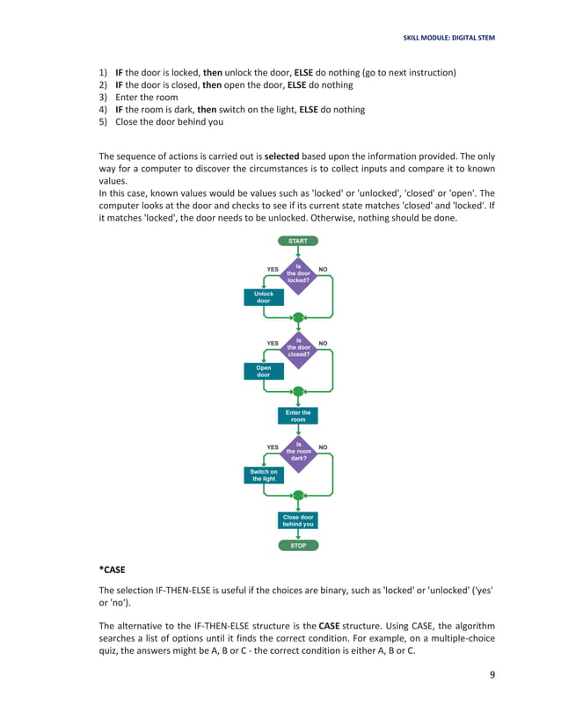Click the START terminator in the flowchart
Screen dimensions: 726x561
(x=298, y=240)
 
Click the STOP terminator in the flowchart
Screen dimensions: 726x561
(x=298, y=545)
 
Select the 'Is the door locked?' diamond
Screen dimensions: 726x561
(x=298, y=273)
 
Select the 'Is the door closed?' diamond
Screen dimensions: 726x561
(x=298, y=347)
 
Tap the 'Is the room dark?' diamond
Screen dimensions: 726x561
(x=298, y=451)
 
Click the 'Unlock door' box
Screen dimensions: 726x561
(x=264, y=297)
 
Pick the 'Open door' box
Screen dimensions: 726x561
(x=264, y=371)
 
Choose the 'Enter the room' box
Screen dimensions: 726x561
(x=298, y=416)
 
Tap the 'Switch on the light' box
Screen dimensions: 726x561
(x=264, y=476)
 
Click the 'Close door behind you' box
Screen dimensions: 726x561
(x=298, y=520)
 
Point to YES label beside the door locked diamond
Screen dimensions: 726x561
(x=272, y=269)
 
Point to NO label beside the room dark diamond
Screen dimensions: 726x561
(x=323, y=447)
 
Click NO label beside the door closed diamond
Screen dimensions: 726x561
(x=323, y=343)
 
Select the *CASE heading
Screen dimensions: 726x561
(x=112, y=570)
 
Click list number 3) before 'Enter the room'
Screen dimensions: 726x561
(x=103, y=98)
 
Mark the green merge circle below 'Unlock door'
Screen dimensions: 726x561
(x=298, y=317)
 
